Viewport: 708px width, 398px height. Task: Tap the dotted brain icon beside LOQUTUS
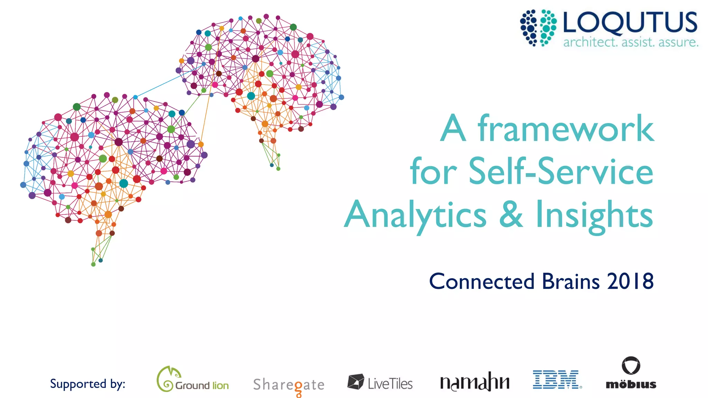click(538, 28)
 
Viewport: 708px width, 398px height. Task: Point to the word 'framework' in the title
click(566, 129)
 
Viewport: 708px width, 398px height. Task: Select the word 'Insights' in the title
click(594, 215)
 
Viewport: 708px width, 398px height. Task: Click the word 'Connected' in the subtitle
click(482, 281)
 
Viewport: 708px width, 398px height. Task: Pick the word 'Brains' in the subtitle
click(570, 281)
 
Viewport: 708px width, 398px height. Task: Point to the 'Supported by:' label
click(87, 384)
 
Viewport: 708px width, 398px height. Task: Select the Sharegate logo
click(289, 385)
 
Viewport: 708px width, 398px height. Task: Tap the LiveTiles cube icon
click(355, 381)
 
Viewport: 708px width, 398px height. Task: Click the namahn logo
click(475, 382)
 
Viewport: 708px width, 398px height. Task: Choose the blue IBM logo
click(557, 379)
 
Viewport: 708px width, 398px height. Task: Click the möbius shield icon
click(631, 366)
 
